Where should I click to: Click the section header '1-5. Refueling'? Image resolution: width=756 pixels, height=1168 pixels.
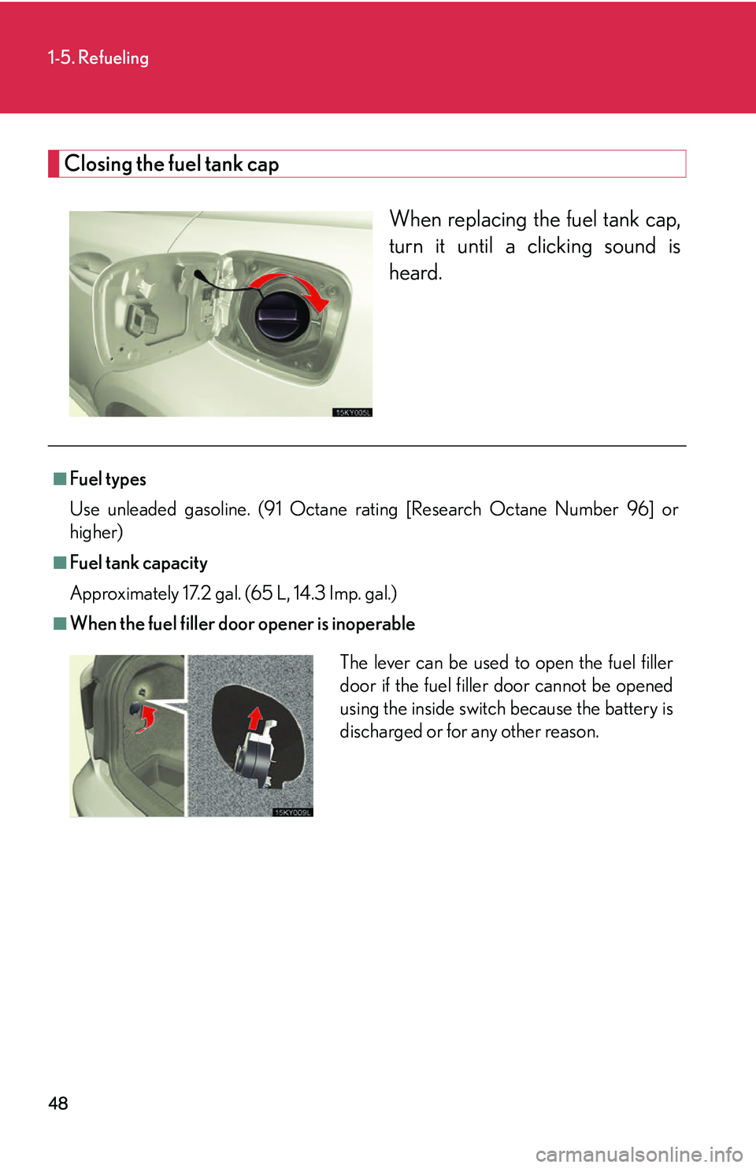[98, 57]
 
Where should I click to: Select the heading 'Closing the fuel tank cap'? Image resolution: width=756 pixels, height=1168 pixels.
[172, 164]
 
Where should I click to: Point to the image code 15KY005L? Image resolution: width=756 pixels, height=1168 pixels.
[352, 412]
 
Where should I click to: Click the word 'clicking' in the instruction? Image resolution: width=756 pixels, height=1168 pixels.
[559, 246]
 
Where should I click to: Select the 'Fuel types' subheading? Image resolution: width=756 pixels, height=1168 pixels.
[108, 479]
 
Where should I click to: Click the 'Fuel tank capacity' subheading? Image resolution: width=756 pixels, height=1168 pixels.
[139, 563]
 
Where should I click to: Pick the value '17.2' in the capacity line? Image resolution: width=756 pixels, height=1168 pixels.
[196, 593]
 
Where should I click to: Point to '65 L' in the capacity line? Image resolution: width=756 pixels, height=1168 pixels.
[268, 593]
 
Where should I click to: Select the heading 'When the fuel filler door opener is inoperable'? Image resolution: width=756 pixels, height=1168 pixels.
[243, 623]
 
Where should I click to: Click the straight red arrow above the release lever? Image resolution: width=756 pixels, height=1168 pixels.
[254, 718]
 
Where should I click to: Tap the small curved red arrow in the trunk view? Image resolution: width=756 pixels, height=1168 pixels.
[146, 718]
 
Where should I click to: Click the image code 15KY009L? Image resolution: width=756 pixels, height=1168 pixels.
[292, 812]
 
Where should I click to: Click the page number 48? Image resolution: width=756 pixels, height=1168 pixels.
[58, 1103]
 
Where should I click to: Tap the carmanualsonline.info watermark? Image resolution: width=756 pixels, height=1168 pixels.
[639, 1155]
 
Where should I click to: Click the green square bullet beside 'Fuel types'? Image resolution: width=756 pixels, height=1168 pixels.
[60, 479]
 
